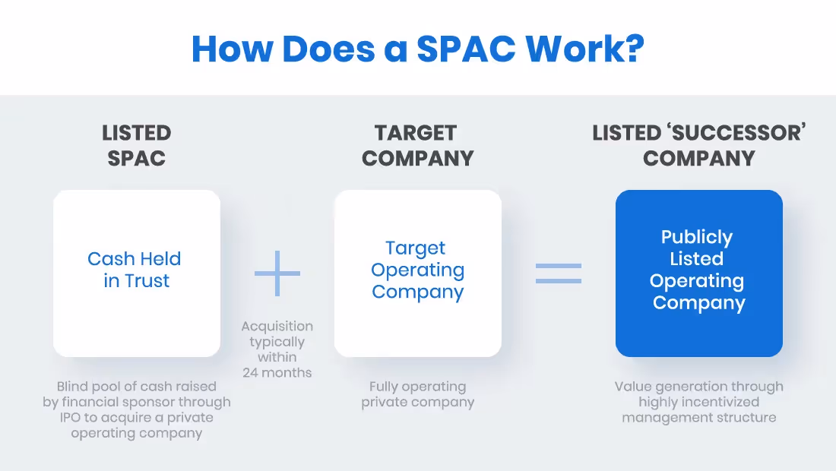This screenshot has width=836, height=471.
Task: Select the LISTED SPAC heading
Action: click(136, 145)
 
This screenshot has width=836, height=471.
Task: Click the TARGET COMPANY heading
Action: click(417, 145)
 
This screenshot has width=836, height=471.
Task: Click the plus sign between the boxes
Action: click(277, 273)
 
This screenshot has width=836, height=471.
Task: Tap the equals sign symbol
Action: click(559, 273)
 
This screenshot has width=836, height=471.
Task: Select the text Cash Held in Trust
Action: click(135, 270)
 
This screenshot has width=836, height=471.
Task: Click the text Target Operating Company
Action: click(417, 270)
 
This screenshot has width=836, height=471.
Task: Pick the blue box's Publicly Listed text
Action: click(697, 248)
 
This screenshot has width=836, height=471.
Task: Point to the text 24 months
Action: click(277, 372)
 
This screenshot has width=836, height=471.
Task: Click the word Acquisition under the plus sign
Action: click(277, 326)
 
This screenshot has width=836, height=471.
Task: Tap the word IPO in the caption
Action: click(84, 417)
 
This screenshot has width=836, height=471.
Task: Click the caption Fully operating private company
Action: click(417, 394)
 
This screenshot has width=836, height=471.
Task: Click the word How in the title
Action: click(233, 48)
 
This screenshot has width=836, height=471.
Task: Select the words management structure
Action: click(698, 417)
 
